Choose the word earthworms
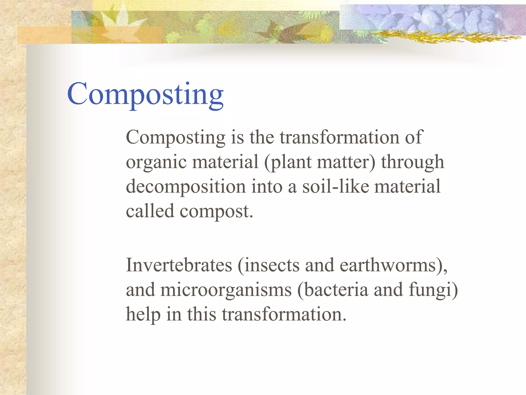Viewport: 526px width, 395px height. click(388, 265)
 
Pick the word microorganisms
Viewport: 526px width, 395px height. click(226, 290)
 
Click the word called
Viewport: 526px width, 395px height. click(150, 211)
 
